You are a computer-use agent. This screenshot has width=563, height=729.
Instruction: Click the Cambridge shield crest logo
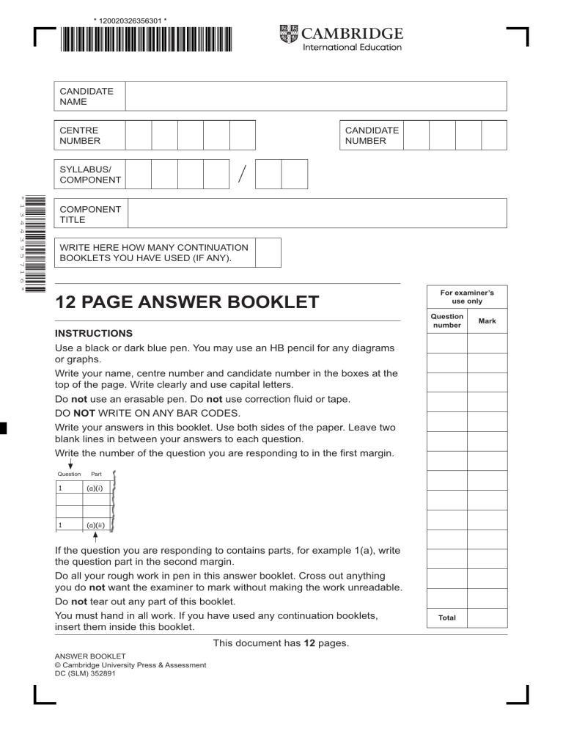tap(288, 34)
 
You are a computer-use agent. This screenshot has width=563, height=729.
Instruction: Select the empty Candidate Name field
tap(315, 96)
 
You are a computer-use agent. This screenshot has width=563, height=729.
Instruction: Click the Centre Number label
tap(80, 136)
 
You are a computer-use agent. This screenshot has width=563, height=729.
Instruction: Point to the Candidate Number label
tap(372, 136)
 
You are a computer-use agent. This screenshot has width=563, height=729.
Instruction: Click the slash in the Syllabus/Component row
tap(242, 175)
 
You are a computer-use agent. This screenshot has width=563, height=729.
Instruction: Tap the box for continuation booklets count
tap(268, 252)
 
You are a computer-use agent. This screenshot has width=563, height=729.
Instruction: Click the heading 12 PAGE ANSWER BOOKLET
tap(188, 302)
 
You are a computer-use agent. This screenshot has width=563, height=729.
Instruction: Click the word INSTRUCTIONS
tap(94, 333)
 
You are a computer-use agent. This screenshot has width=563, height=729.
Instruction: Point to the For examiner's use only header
tap(467, 296)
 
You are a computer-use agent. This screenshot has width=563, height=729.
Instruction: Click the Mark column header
tap(487, 320)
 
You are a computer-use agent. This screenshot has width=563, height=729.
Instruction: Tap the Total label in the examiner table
tap(447, 618)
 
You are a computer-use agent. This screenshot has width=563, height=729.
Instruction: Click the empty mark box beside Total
tap(487, 618)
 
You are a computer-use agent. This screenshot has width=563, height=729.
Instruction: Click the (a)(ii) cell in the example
tap(94, 525)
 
